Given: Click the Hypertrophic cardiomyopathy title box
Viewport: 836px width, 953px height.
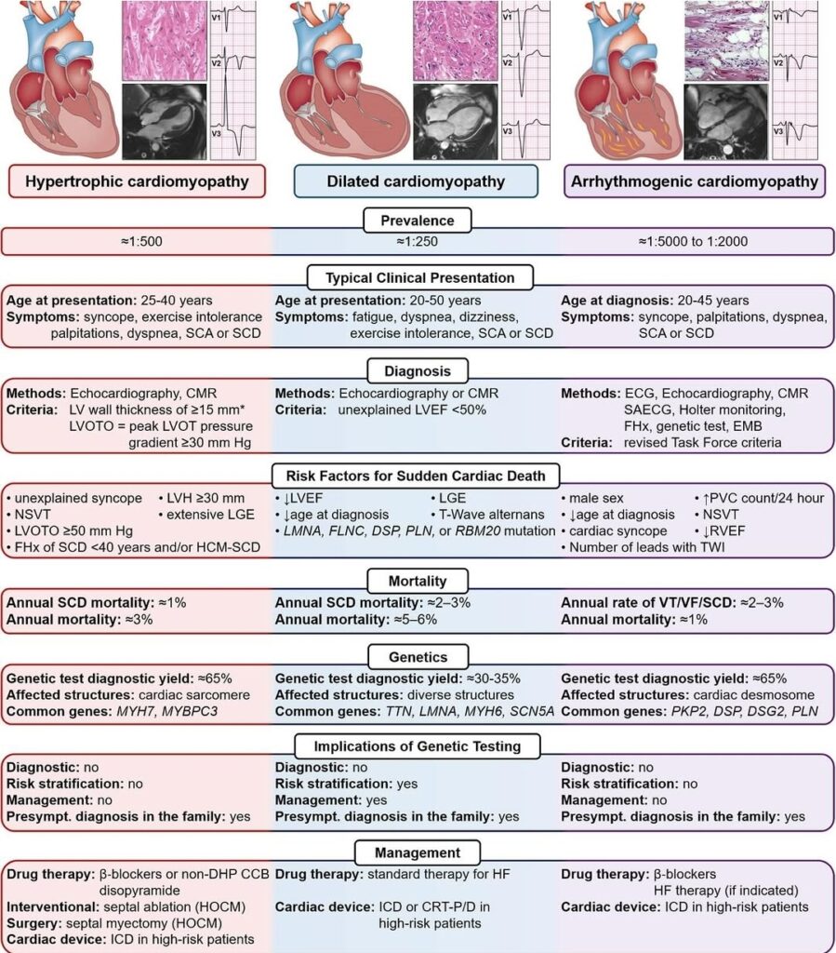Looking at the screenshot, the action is click(x=138, y=181).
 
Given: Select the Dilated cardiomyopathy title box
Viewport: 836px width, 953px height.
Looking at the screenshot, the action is click(x=416, y=181).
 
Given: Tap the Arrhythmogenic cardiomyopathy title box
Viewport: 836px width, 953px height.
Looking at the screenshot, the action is click(x=695, y=181).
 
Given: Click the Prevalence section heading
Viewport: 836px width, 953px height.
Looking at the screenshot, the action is click(x=418, y=221).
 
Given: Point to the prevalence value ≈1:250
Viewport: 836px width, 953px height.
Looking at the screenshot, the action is click(x=418, y=241).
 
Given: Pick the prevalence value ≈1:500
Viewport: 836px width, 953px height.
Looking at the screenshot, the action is click(x=142, y=241).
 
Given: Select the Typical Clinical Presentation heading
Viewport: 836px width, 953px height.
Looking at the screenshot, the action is click(x=420, y=277).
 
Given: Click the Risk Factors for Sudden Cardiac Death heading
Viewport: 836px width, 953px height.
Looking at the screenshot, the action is click(x=416, y=476).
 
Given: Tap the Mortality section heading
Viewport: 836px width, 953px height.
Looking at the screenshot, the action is click(x=418, y=581).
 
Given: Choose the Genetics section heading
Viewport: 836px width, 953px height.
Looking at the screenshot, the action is click(x=418, y=657).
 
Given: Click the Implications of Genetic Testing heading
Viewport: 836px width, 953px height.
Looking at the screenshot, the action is click(x=418, y=746).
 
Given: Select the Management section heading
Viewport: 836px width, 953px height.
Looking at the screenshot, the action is click(x=418, y=852).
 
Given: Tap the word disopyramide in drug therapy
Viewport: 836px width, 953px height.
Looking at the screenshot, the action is click(x=139, y=891).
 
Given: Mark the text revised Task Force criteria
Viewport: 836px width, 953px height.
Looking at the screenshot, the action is click(x=702, y=442).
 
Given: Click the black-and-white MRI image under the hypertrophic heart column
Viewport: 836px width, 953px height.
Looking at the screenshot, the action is click(x=165, y=122).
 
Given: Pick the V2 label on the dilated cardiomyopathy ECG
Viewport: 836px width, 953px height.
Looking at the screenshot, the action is click(x=508, y=62).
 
